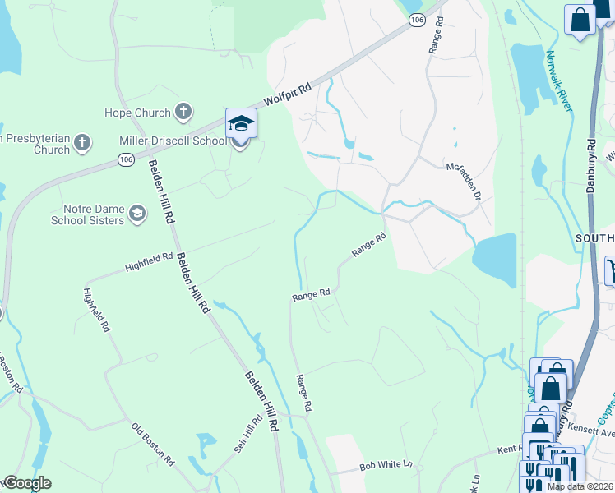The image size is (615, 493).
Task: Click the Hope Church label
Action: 137,113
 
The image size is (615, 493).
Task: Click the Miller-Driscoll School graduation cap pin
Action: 241,124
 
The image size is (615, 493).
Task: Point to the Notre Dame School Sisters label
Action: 88,215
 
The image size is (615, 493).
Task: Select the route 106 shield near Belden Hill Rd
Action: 125,159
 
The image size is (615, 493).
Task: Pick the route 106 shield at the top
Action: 418,19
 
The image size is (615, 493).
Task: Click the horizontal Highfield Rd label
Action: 149,262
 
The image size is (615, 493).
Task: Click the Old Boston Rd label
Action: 153,444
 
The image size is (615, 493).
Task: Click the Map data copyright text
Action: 580,486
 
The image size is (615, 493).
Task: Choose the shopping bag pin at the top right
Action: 580,21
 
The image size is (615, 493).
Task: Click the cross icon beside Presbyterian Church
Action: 81,143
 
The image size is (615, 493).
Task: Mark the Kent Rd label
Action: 510,450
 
